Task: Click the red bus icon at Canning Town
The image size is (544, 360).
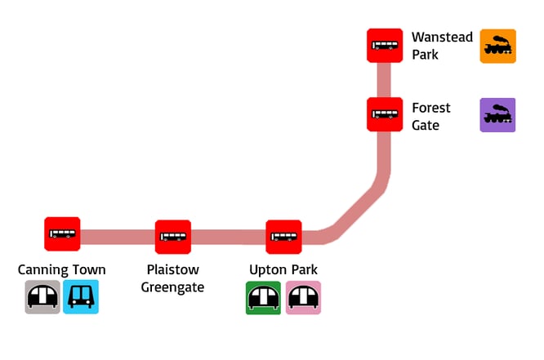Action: click(62, 234)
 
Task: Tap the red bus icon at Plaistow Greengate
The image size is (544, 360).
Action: click(173, 237)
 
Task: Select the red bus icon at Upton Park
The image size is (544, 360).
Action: click(283, 237)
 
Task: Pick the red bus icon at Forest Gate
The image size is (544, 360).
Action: click(385, 113)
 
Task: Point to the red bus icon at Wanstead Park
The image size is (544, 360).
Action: click(385, 45)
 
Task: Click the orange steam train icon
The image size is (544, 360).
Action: click(497, 47)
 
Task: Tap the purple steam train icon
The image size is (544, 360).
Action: click(497, 115)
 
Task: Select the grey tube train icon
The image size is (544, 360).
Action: click(42, 297)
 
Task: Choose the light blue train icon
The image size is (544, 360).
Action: click(81, 297)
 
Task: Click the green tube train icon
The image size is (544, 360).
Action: click(263, 297)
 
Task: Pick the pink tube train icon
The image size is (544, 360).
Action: click(303, 297)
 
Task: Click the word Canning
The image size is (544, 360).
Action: click(44, 270)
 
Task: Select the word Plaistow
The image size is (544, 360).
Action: click(172, 270)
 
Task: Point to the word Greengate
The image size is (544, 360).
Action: click(172, 287)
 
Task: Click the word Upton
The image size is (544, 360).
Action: click(268, 270)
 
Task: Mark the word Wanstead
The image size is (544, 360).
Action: click(442, 38)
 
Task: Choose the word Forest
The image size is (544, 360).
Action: click(431, 108)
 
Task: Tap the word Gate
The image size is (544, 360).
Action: click(426, 125)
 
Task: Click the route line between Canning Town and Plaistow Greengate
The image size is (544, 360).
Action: click(118, 237)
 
